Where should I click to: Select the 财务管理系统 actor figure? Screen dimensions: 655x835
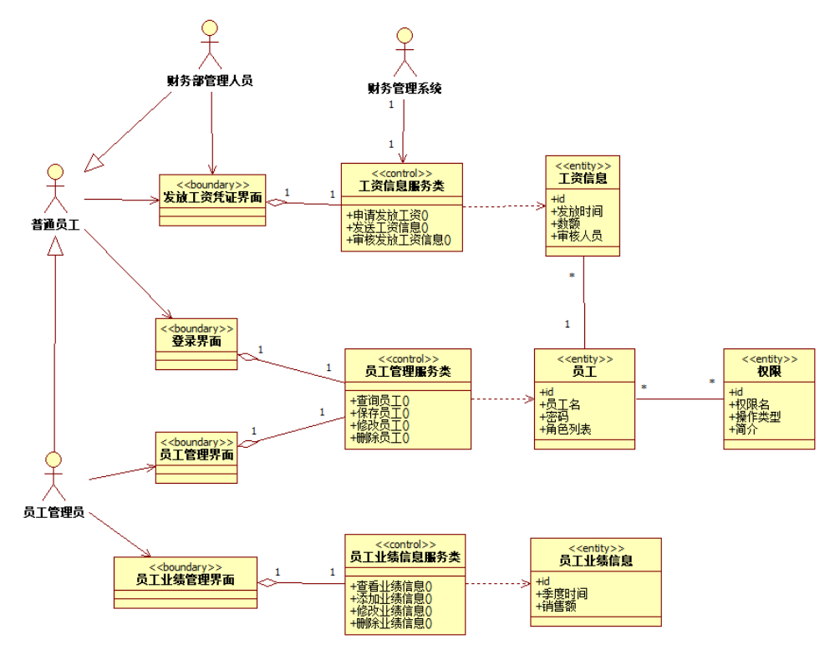405,53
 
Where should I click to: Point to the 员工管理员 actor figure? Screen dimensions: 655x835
53,477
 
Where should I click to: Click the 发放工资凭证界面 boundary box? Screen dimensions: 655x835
212,198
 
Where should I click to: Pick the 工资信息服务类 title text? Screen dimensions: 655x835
401,185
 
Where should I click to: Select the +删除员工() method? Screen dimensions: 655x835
383,437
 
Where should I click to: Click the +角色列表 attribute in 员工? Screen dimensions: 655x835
566,429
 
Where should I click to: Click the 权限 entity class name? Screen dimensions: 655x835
768,371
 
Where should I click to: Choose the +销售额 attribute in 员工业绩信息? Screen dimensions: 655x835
559,606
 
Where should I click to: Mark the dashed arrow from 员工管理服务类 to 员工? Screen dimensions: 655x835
502,399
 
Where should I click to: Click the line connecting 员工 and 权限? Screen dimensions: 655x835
679,399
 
